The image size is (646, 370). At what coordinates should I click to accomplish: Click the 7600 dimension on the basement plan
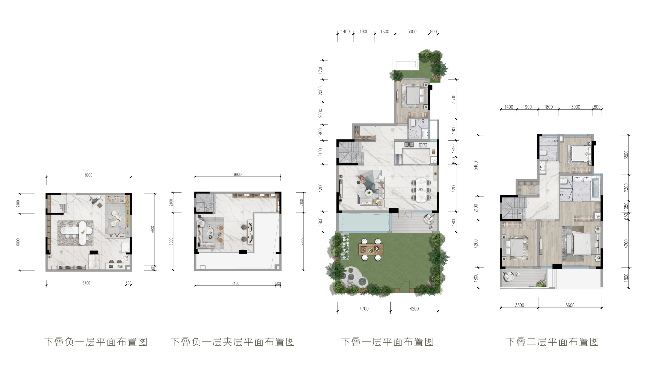[x=153, y=230]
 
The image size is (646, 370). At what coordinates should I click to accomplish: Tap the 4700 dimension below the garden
[x=364, y=309]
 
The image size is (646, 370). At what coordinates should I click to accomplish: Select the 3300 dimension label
[x=519, y=305]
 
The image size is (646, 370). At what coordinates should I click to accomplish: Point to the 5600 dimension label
[x=570, y=305]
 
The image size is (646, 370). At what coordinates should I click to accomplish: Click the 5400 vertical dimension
[x=476, y=166]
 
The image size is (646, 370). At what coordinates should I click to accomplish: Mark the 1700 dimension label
[x=321, y=70]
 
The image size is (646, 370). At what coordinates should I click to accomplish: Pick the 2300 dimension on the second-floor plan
[x=626, y=188]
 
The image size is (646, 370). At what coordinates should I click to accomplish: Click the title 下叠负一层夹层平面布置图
[x=233, y=342]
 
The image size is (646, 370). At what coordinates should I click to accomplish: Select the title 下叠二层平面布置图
[x=552, y=342]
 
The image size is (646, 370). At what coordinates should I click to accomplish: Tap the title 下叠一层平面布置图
[x=387, y=342]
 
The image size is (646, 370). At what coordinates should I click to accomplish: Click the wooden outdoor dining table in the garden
[x=371, y=249]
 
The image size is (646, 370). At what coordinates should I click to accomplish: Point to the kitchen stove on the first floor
[x=409, y=144]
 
